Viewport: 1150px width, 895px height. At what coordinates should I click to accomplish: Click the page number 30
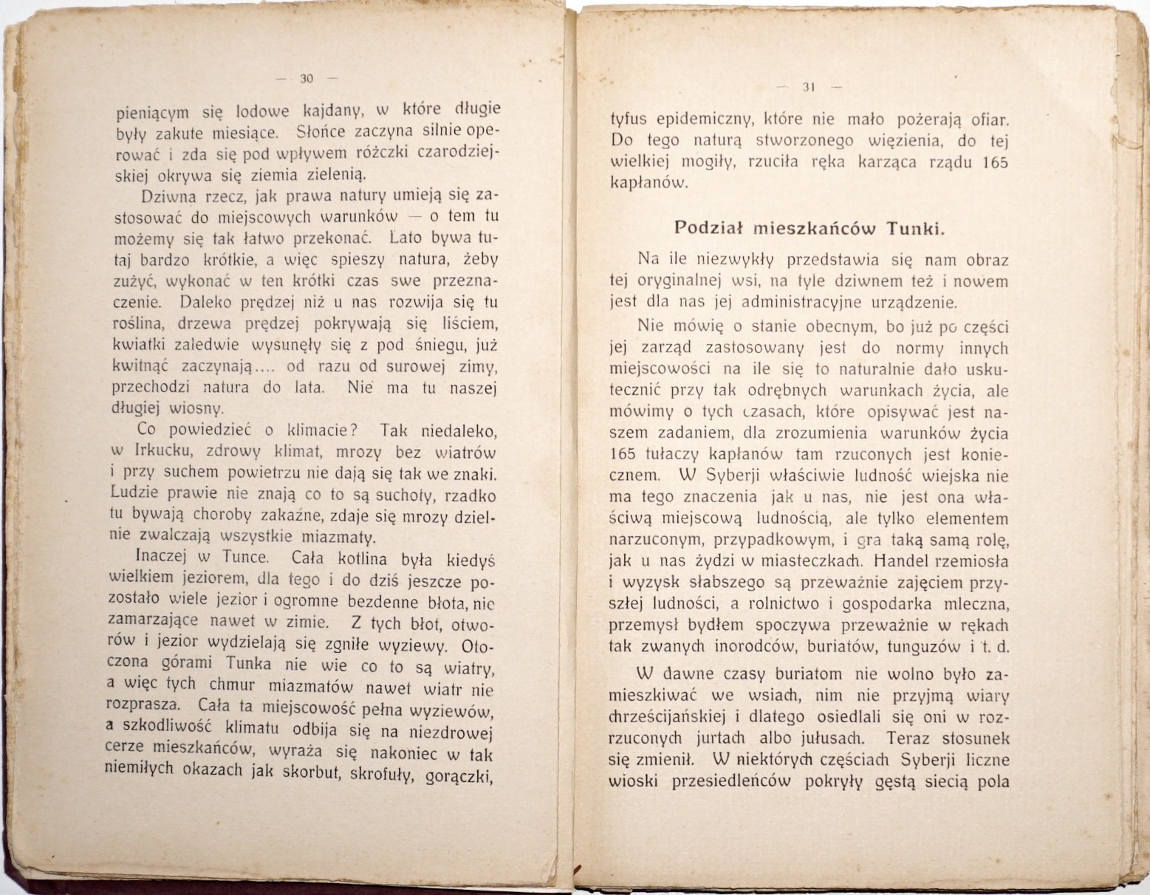point(307,78)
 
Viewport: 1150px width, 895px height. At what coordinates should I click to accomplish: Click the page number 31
point(807,87)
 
